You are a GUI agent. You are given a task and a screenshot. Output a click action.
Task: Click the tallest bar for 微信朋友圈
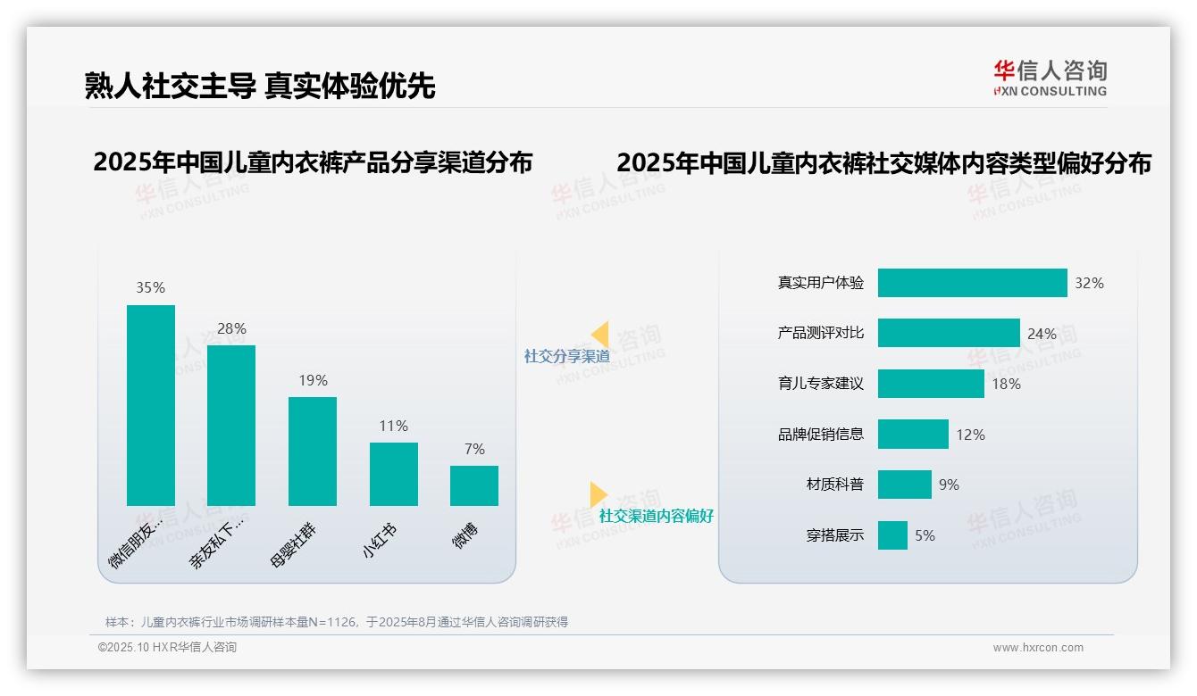(151, 405)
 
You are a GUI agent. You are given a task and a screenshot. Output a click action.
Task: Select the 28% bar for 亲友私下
(231, 425)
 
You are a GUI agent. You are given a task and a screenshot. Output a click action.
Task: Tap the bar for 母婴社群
(313, 451)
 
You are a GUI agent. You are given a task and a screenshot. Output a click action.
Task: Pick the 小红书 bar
(394, 474)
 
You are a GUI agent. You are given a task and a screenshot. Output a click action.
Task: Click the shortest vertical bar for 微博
(474, 485)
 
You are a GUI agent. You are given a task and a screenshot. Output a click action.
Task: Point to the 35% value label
(150, 287)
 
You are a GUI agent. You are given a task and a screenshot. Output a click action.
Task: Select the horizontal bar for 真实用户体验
(972, 283)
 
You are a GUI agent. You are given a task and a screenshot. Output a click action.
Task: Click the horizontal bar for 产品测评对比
(949, 333)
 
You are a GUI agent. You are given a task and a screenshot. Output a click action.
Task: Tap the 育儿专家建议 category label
(820, 384)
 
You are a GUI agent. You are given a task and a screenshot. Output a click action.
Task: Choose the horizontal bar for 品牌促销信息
(913, 435)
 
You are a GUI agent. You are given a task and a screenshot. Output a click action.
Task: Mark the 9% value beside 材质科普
(949, 485)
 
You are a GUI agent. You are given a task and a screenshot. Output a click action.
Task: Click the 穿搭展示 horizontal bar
(892, 535)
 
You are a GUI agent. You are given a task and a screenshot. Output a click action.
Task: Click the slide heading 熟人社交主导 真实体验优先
(260, 86)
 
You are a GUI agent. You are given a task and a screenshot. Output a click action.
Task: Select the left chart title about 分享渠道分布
(313, 162)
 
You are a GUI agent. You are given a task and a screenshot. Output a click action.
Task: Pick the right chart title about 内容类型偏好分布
(883, 163)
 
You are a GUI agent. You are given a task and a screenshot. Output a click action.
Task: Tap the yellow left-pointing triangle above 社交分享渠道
(600, 335)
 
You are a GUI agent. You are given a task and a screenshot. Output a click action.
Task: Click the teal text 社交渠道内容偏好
(657, 516)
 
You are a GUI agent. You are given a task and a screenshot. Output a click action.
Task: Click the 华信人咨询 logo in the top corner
(1050, 78)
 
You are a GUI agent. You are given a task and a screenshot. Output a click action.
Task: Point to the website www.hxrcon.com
(1038, 647)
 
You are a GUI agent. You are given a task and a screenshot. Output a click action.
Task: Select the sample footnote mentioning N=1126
(337, 622)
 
